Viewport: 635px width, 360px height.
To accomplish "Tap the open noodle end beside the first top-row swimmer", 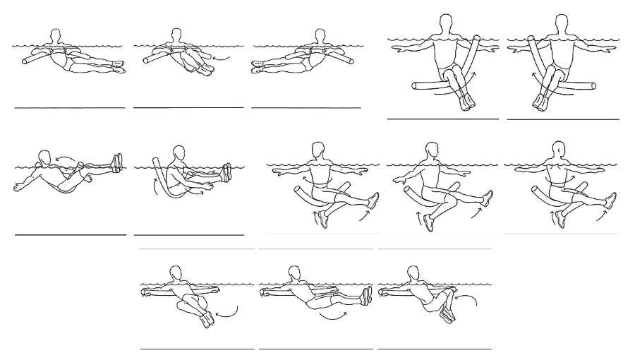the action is point(27,61).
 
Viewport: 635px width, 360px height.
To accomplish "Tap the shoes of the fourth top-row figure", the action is point(467,103).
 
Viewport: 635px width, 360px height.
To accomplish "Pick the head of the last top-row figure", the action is point(562,24).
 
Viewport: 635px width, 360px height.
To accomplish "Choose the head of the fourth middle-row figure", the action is point(432,150).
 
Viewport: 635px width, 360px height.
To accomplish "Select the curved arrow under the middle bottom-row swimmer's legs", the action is point(332,316).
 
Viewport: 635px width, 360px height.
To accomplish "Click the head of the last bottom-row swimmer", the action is point(413,272).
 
